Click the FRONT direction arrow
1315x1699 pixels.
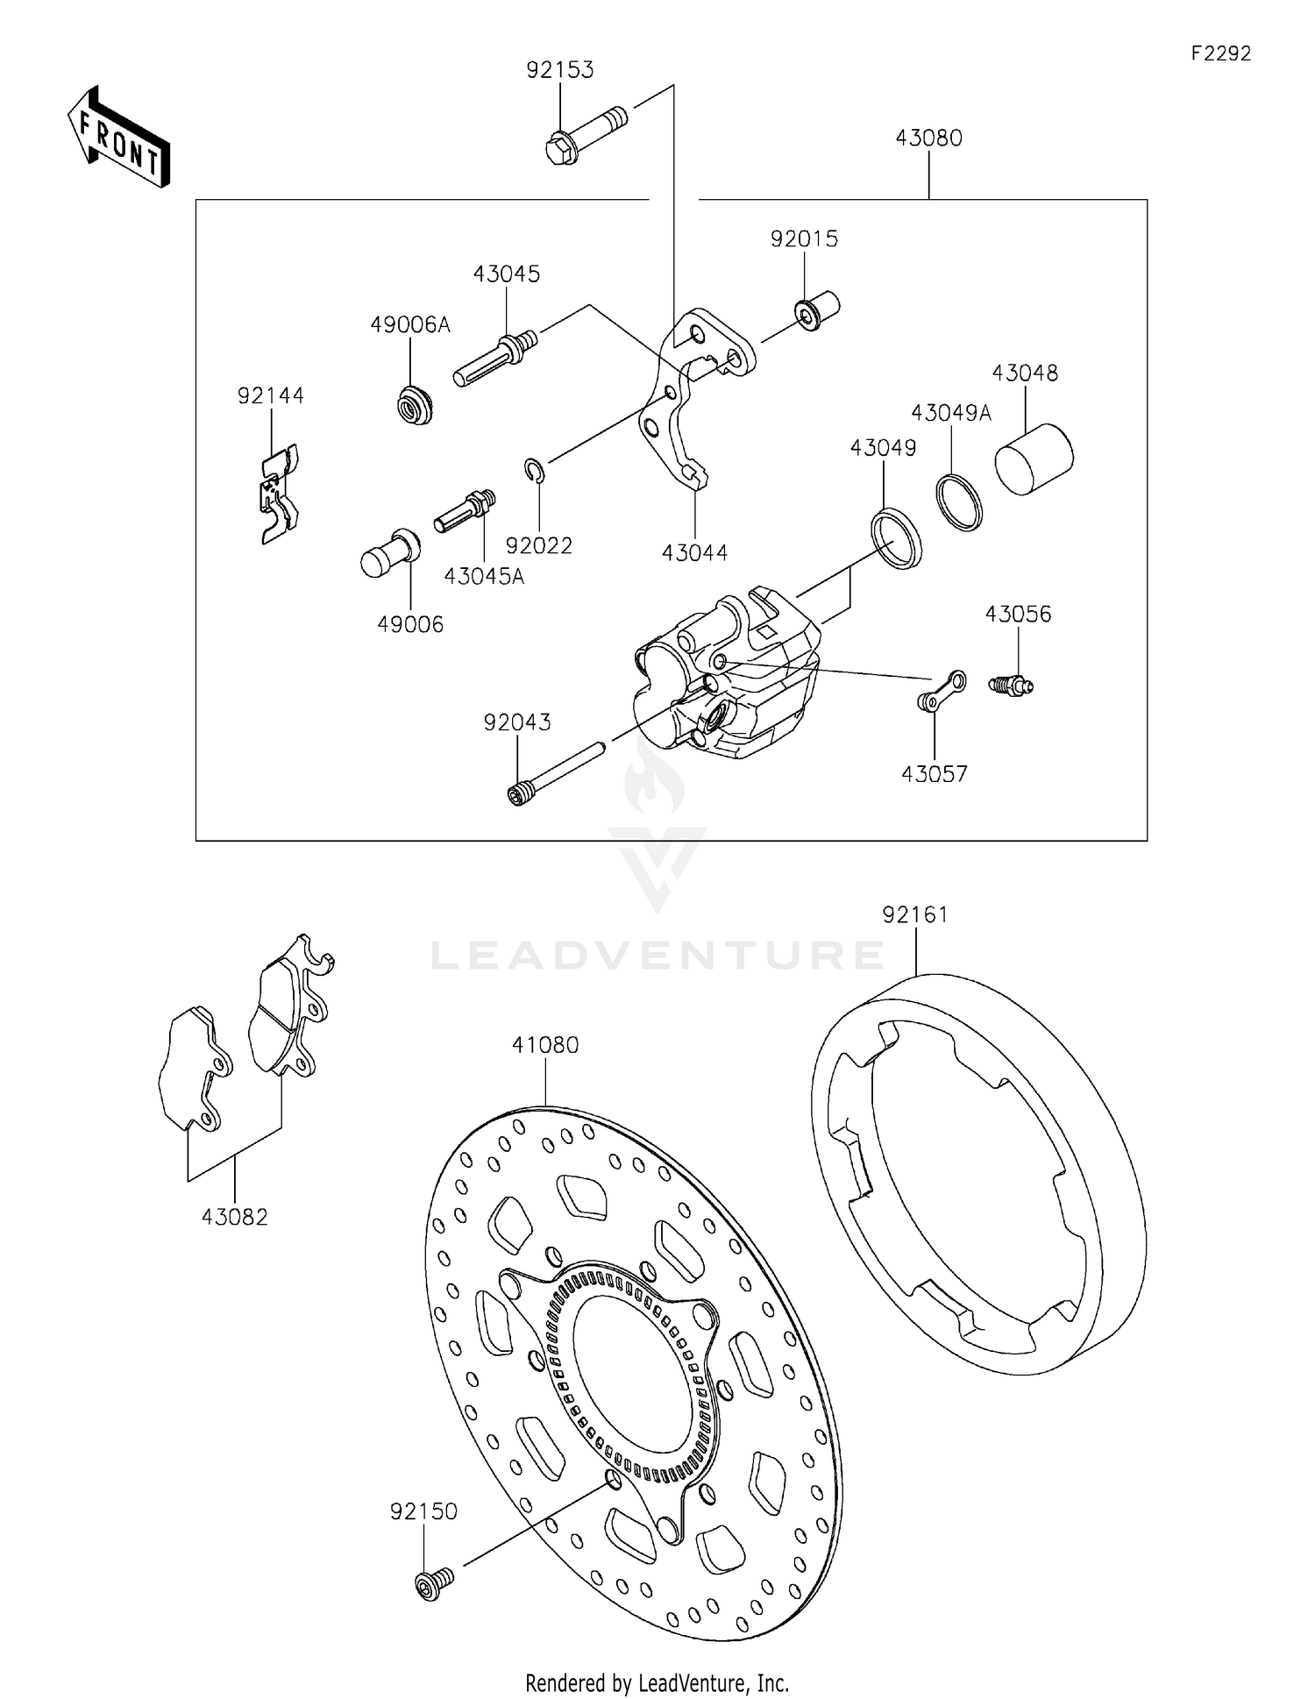tap(118, 138)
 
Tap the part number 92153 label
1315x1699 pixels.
tap(559, 70)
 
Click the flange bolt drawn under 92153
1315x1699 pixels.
tap(586, 136)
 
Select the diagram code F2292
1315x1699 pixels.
tap(1220, 53)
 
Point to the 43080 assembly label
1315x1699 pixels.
tap(928, 139)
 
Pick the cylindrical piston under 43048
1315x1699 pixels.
tap(1034, 459)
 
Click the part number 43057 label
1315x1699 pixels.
tap(934, 774)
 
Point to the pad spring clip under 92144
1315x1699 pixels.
tap(280, 494)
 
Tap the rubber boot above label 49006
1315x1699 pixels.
tap(391, 552)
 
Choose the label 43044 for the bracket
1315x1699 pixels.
tap(694, 553)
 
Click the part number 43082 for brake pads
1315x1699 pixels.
tap(234, 1217)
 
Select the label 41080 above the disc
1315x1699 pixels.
tap(545, 1045)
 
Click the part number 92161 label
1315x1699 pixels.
tap(915, 915)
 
